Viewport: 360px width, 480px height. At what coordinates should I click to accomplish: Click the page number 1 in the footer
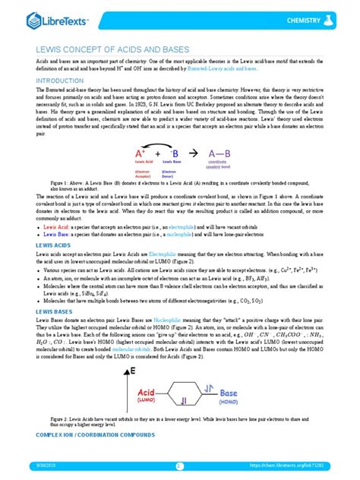point(180,466)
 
